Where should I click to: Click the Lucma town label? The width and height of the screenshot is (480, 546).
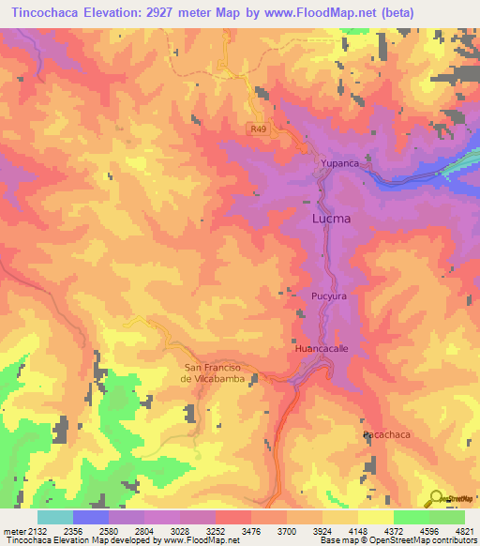[x=331, y=219]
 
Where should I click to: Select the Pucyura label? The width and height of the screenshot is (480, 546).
[x=330, y=296]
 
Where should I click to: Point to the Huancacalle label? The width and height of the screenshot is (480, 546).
[x=322, y=348]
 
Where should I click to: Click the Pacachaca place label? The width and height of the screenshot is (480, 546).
[x=387, y=436]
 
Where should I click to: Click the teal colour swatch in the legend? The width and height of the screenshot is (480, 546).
[x=54, y=517]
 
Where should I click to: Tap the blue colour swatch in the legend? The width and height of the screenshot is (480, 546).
[x=90, y=517]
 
